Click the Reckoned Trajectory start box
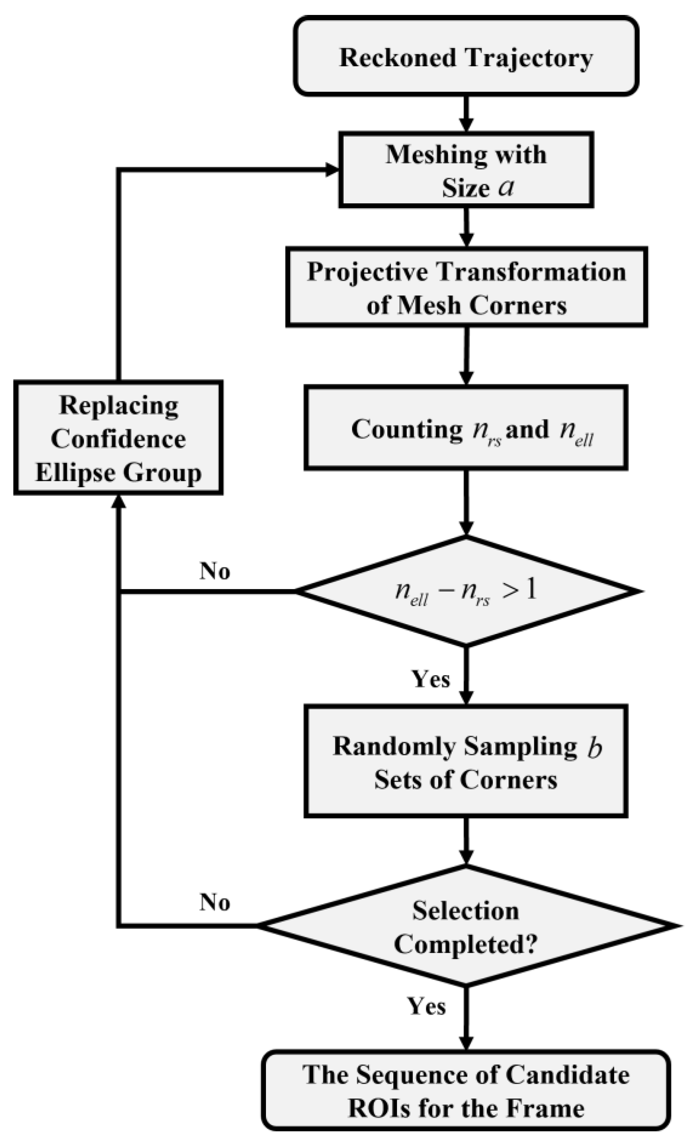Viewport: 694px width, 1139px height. point(466,57)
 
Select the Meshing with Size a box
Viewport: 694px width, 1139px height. point(466,170)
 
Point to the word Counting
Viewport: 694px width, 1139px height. point(406,429)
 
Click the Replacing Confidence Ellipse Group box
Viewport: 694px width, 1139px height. point(118,438)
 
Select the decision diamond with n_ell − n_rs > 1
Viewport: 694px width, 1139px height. point(466,591)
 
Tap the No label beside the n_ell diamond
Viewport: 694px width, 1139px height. point(215,571)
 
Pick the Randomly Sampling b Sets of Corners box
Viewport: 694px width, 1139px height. point(466,761)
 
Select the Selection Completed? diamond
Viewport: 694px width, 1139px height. point(466,926)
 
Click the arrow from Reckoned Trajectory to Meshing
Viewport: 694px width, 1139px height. point(466,113)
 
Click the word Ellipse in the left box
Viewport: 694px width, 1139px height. point(68,473)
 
